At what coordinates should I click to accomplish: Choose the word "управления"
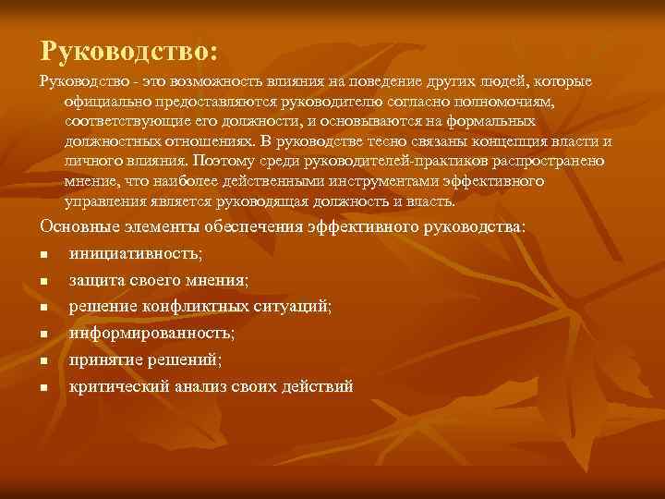pos(103,201)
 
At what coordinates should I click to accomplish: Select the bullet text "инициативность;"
pos(135,252)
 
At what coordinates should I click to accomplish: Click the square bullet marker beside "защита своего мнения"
pos(43,280)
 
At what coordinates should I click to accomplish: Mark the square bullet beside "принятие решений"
pos(43,360)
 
